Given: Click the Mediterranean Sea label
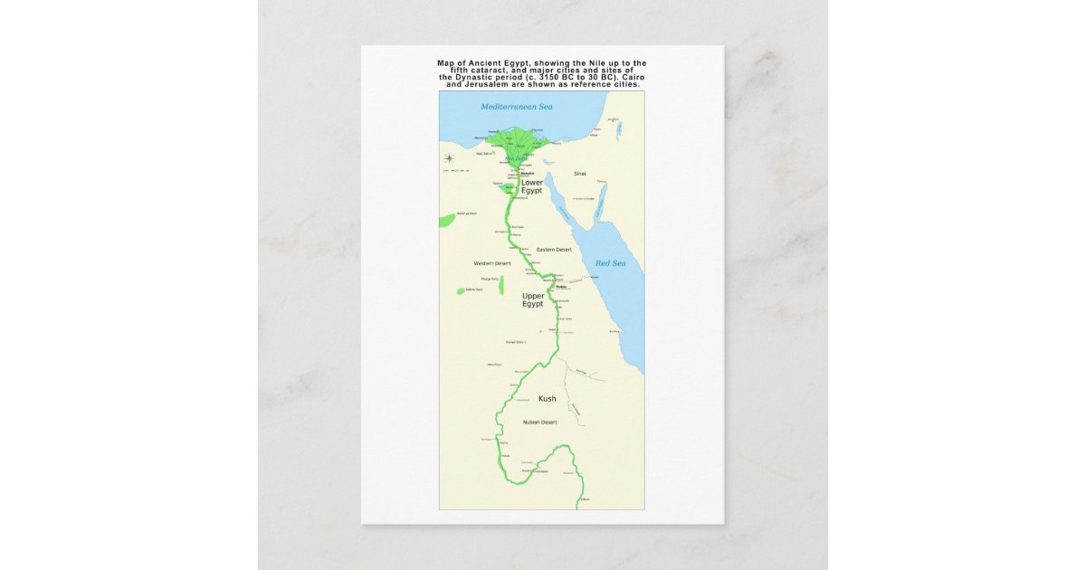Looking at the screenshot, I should tap(516, 107).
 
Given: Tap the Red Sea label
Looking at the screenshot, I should tap(610, 263).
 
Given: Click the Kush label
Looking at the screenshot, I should tap(548, 399).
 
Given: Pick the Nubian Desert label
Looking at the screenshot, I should tap(539, 423).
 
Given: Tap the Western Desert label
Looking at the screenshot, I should tap(492, 263).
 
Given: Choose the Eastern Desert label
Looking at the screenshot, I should tap(554, 250).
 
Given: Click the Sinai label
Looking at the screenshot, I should tap(580, 174).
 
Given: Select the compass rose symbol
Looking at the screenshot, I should tap(448, 159).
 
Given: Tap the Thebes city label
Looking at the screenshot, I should tap(547, 289).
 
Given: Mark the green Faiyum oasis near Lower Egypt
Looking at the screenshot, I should tap(504, 190).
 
